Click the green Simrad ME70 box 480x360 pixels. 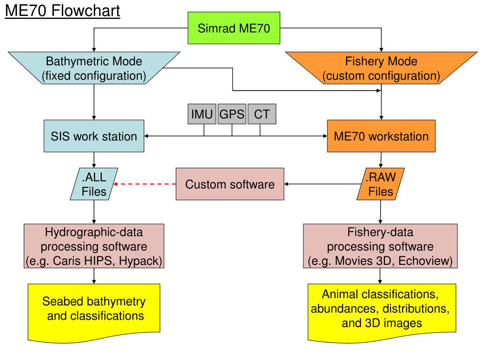[x=234, y=28]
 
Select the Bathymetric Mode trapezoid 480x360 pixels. [x=94, y=68]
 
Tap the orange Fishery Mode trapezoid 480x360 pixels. [x=381, y=68]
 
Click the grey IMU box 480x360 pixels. [x=202, y=114]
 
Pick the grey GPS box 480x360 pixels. [x=232, y=114]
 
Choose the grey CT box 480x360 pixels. [x=262, y=114]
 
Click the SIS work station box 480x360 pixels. [x=94, y=136]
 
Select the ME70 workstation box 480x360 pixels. [x=381, y=136]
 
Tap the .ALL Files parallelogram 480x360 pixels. [x=94, y=184]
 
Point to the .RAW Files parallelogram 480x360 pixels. [x=381, y=184]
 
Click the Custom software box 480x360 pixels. [x=230, y=184]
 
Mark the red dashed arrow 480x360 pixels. [x=144, y=184]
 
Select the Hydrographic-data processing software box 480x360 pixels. [x=94, y=246]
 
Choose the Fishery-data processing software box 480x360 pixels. [x=380, y=246]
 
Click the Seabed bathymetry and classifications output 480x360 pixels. [x=94, y=313]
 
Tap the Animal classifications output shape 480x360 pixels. [x=382, y=313]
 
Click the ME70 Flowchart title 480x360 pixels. [x=62, y=11]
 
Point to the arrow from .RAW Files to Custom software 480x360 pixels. [x=322, y=184]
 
